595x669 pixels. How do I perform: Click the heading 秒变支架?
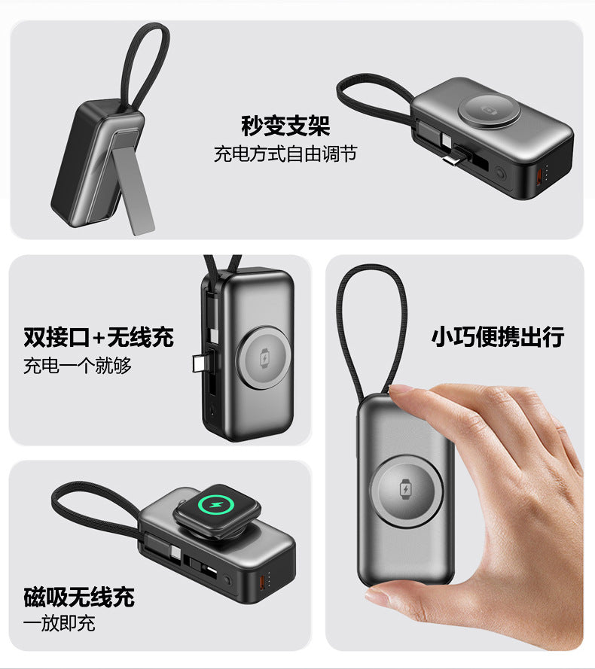click(x=285, y=126)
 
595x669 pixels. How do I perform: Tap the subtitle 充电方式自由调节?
click(x=285, y=154)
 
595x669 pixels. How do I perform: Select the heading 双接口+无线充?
click(x=99, y=337)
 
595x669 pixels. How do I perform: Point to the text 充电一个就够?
click(x=78, y=366)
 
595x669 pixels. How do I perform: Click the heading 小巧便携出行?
click(x=498, y=336)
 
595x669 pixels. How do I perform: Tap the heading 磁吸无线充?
click(x=79, y=597)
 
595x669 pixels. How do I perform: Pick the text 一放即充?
click(x=59, y=624)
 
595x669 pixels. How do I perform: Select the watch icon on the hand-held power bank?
click(x=405, y=489)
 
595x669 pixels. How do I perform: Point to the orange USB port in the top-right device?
click(x=539, y=177)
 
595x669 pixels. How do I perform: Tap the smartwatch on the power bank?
click(x=217, y=510)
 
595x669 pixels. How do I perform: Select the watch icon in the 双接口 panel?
click(x=265, y=357)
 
